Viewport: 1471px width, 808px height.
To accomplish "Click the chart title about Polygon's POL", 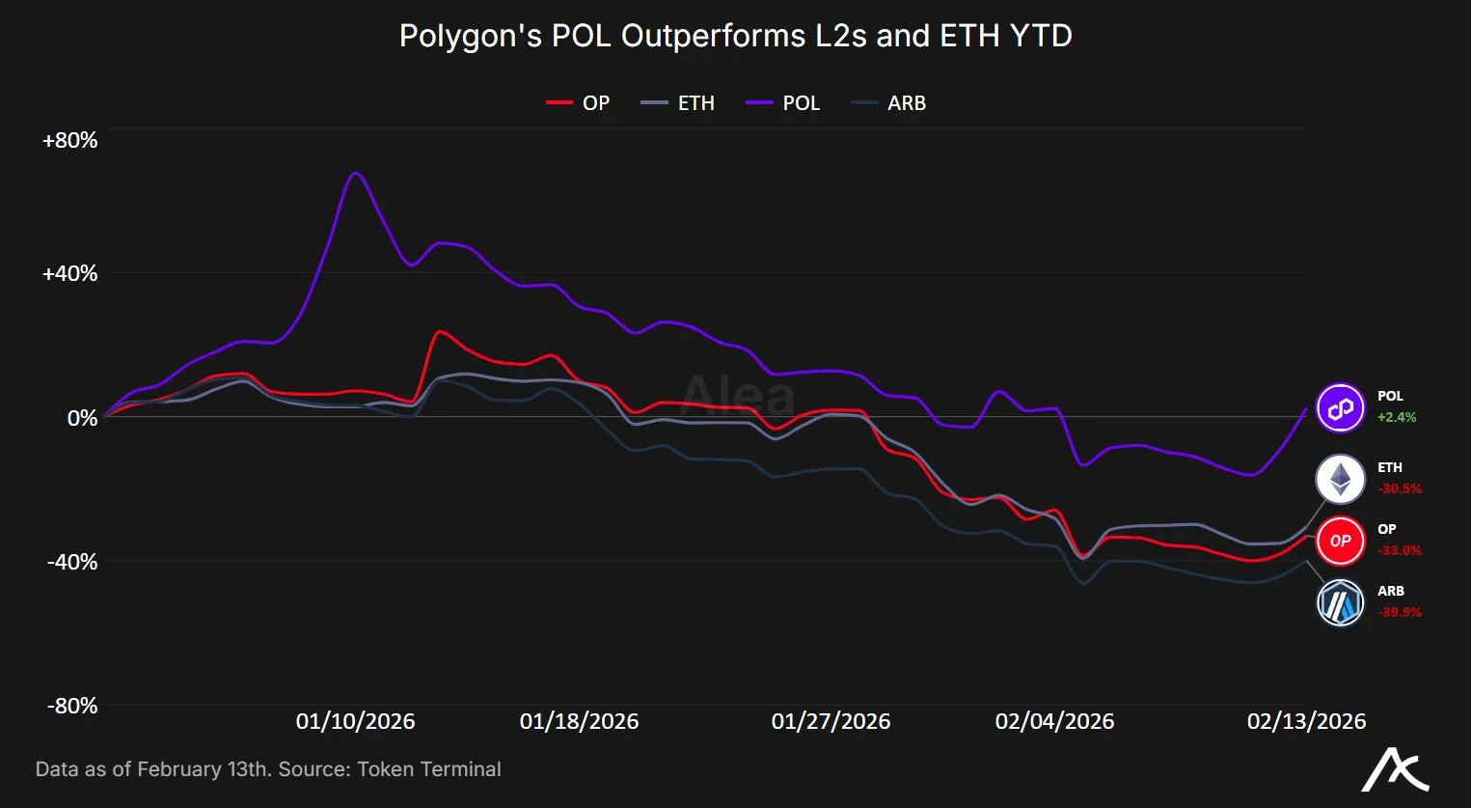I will pyautogui.click(x=735, y=36).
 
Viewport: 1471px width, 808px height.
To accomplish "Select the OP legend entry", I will pyautogui.click(x=579, y=103).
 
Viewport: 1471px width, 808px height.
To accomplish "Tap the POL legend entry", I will pyautogui.click(x=783, y=103).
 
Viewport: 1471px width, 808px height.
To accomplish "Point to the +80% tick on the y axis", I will pyautogui.click(x=69, y=141).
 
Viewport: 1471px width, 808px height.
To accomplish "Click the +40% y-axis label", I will pyautogui.click(x=69, y=274).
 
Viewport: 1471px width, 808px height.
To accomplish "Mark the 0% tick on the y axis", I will pyautogui.click(x=81, y=418).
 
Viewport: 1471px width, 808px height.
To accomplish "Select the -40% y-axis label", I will pyautogui.click(x=72, y=562).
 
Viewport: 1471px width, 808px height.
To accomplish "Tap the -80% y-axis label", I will pyautogui.click(x=72, y=706).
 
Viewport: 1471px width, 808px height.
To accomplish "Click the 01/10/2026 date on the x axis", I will pyautogui.click(x=355, y=721).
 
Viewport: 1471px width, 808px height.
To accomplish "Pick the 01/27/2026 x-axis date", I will pyautogui.click(x=831, y=721).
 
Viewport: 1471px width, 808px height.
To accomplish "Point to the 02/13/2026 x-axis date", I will pyautogui.click(x=1306, y=721).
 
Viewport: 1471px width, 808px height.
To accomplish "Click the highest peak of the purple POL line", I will pyautogui.click(x=356, y=173).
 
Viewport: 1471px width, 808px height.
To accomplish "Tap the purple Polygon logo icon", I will pyautogui.click(x=1341, y=407).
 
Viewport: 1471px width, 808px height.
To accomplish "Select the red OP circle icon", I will pyautogui.click(x=1341, y=541).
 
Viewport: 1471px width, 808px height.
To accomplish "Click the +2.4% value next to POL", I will pyautogui.click(x=1397, y=418).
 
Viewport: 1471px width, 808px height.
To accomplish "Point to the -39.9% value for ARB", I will pyautogui.click(x=1400, y=612).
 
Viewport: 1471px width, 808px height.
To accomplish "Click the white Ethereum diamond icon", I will pyautogui.click(x=1341, y=479).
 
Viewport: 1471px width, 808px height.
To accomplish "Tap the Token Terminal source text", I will pyautogui.click(x=428, y=769).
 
